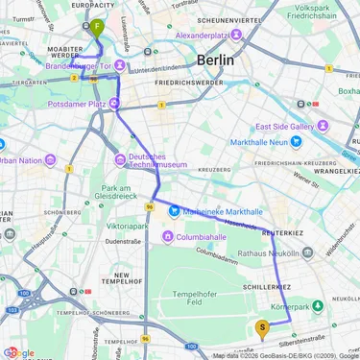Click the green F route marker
click(x=97, y=28)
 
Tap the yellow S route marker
click(x=262, y=327)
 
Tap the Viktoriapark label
click(x=127, y=226)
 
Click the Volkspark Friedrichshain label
click(x=328, y=15)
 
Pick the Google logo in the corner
click(x=19, y=352)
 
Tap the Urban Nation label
click(x=20, y=160)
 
